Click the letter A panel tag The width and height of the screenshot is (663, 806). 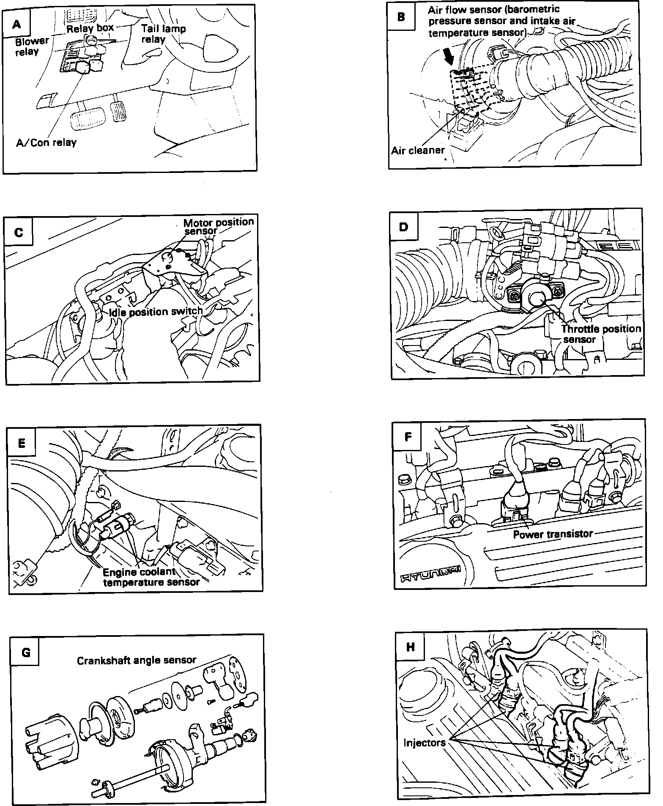click(16, 24)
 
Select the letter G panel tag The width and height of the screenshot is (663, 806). click(26, 652)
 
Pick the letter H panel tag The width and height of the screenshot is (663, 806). click(410, 647)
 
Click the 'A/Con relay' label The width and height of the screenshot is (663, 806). click(46, 143)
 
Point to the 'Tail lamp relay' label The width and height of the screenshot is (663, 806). click(163, 34)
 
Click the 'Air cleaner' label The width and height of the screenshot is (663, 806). click(418, 150)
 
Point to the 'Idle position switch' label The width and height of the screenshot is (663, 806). click(156, 312)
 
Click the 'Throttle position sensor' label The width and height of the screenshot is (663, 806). click(600, 334)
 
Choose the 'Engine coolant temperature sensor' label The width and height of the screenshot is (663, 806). click(151, 577)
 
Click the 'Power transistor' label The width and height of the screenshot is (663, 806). click(553, 534)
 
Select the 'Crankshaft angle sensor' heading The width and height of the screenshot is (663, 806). click(137, 660)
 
